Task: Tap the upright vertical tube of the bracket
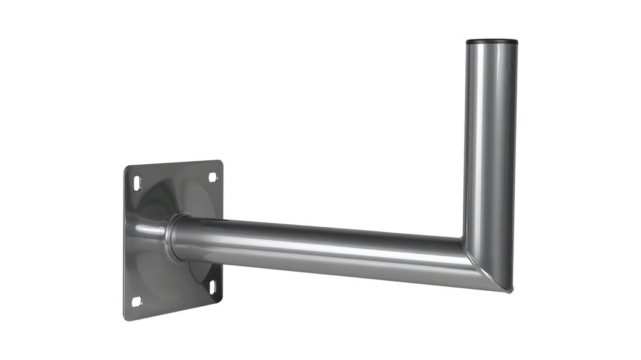click(x=490, y=141)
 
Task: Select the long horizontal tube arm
click(x=320, y=247)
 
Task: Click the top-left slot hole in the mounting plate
click(x=136, y=184)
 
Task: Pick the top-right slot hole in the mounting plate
click(x=212, y=176)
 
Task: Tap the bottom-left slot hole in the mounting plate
click(x=136, y=301)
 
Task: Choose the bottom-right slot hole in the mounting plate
click(x=213, y=288)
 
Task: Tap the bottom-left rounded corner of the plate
click(x=127, y=317)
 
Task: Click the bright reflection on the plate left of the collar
click(x=146, y=227)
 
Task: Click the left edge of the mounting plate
click(x=124, y=243)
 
